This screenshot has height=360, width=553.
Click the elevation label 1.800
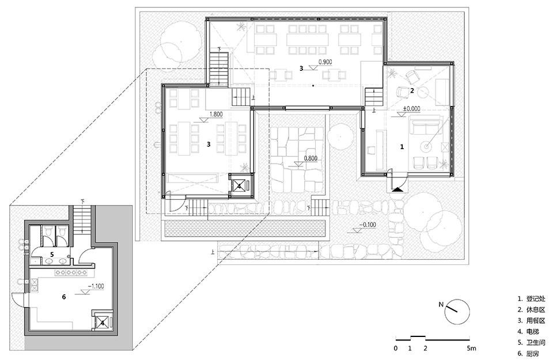coord(217,114)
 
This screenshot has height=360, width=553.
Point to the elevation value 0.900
coord(326,60)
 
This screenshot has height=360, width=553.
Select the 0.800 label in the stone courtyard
coord(309,158)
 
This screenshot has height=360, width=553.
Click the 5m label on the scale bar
coord(472,348)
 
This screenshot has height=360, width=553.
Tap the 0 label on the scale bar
coord(396,348)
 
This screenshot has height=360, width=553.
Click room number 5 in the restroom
coord(52,254)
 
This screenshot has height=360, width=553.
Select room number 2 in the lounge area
coord(412,90)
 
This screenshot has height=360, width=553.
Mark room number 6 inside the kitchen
coord(64,296)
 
